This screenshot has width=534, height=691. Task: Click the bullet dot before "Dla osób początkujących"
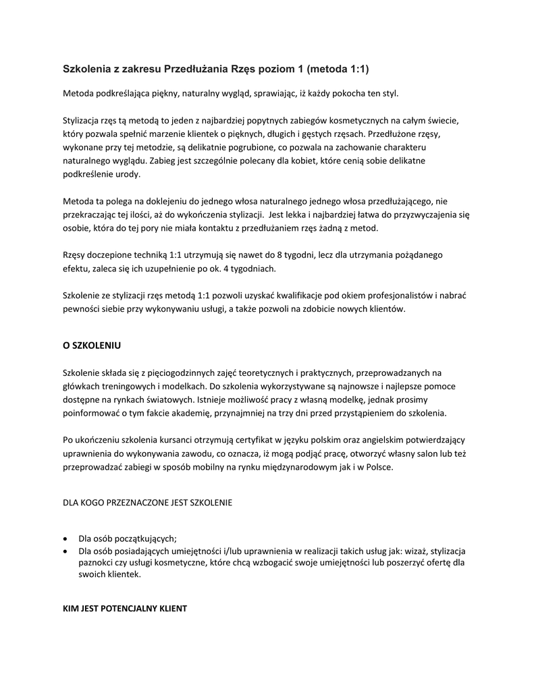pos(65,538)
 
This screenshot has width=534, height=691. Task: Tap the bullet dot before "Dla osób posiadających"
pos(65,551)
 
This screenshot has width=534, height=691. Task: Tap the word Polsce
pos(374,466)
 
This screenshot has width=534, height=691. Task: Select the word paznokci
pos(97,563)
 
